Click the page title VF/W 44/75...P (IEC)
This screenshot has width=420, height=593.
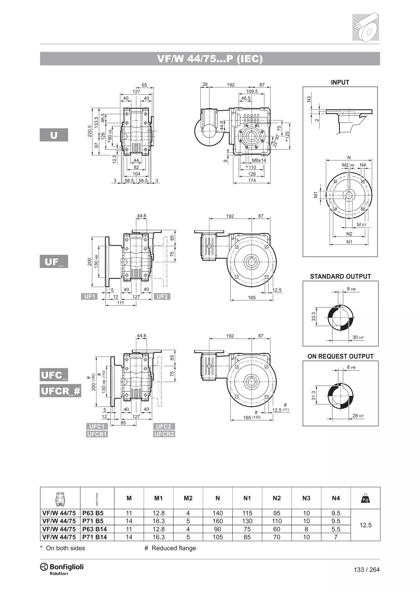point(210,59)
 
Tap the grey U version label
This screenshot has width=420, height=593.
point(54,135)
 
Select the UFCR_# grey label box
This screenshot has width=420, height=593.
point(60,391)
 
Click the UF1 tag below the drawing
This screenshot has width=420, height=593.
point(89,296)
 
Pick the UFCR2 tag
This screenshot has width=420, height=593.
point(164,434)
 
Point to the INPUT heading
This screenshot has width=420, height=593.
point(340,82)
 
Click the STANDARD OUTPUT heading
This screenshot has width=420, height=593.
point(340,277)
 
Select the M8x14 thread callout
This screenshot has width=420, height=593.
point(259,160)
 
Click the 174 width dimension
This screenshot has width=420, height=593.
point(252,181)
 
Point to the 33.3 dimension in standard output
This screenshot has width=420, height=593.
point(313,317)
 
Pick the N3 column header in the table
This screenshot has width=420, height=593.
point(306,498)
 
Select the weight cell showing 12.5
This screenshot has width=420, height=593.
point(365,525)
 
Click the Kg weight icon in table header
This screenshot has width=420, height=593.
point(365,498)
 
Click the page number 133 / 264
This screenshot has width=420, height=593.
point(366,570)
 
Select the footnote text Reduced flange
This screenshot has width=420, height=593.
point(173,548)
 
